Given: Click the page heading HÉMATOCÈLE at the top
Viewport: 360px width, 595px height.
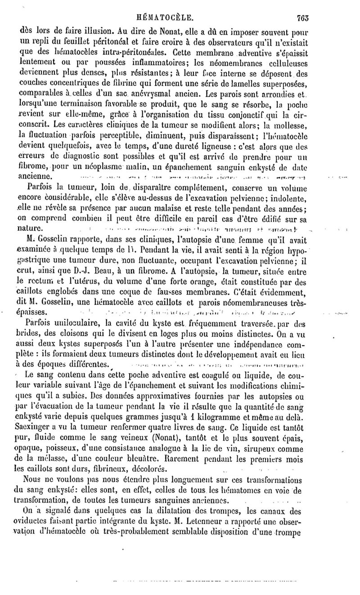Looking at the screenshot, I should click(167, 18).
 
